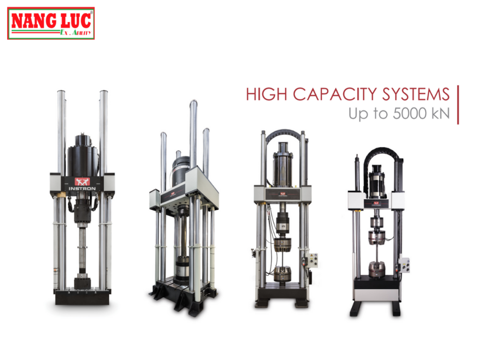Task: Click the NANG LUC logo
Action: coord(51,23)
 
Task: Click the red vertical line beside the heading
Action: coord(457,105)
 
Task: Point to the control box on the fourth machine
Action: coord(403,265)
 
